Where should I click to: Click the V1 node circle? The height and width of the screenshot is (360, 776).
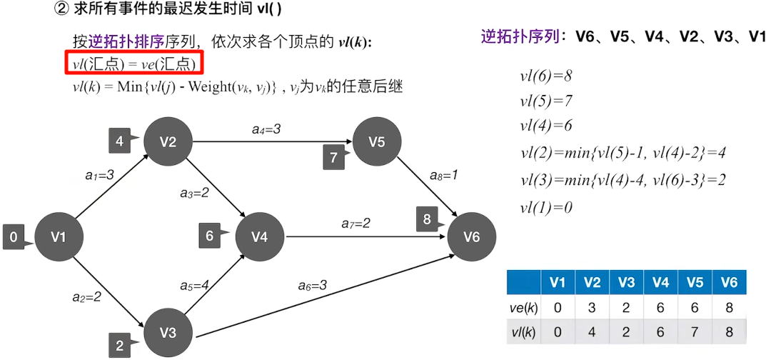(x=59, y=236)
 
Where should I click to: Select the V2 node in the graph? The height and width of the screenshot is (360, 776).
(x=168, y=141)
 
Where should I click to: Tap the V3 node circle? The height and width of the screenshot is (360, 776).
(x=168, y=332)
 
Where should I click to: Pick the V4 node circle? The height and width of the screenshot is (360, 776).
(x=260, y=236)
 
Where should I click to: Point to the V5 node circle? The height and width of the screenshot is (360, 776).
(x=377, y=141)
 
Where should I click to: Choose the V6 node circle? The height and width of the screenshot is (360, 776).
(x=472, y=236)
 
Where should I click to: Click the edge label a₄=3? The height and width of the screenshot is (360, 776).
(x=266, y=129)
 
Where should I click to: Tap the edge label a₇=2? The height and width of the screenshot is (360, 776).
(x=356, y=224)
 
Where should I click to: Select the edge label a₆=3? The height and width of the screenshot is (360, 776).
(x=313, y=286)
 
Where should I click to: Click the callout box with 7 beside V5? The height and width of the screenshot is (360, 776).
(x=334, y=156)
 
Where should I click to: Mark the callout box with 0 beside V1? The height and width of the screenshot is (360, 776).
(x=14, y=236)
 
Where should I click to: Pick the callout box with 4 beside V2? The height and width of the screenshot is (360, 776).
(x=120, y=141)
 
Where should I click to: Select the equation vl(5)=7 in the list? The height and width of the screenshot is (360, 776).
(x=546, y=101)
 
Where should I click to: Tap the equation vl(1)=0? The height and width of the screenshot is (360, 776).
(x=546, y=207)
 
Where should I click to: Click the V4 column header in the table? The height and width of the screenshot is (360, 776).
(x=660, y=282)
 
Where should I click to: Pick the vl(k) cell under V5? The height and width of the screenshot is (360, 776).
(x=695, y=332)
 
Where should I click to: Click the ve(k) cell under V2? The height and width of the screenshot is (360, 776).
(x=592, y=307)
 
